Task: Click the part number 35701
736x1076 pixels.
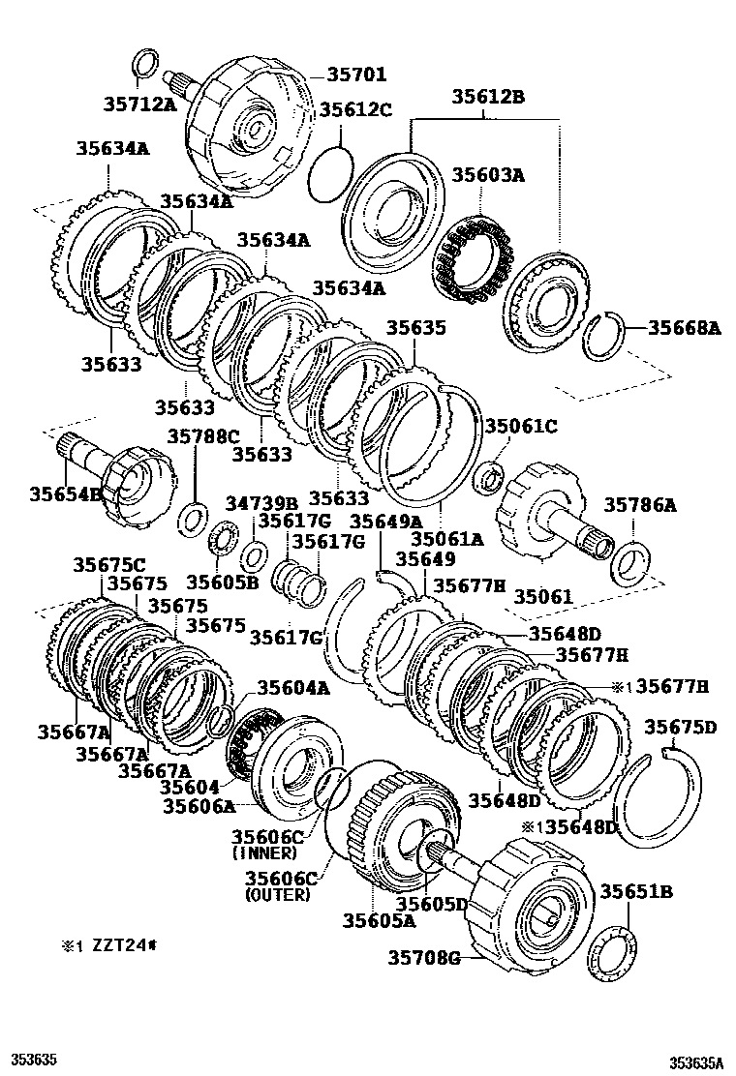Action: tap(356, 75)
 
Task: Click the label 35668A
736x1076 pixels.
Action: tap(684, 329)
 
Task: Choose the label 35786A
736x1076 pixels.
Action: tap(640, 504)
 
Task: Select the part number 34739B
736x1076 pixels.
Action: tap(262, 503)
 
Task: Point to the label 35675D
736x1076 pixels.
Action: tap(681, 728)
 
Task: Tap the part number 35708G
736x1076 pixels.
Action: tap(423, 958)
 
